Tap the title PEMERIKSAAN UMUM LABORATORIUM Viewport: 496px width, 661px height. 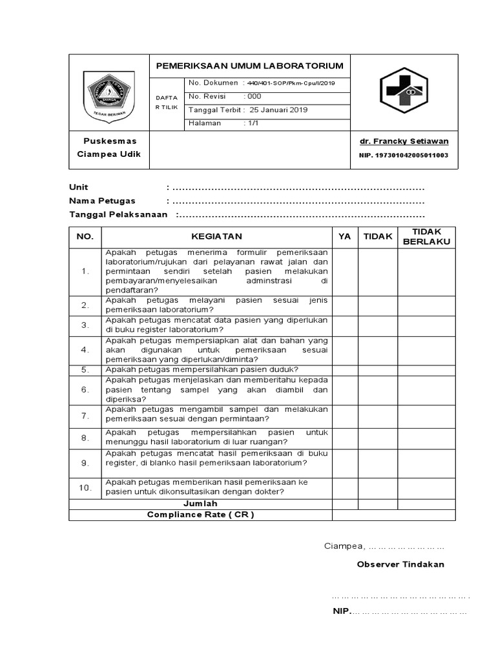249,66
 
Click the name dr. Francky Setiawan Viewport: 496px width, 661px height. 404,141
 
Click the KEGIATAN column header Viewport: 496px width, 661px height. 216,237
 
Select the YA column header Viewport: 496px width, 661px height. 345,237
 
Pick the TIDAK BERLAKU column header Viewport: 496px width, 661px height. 426,237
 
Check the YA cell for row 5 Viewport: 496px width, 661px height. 345,370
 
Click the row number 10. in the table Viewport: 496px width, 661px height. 85,487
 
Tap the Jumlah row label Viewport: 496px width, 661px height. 200,503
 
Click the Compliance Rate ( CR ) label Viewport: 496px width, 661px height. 200,514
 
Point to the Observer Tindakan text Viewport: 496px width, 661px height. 400,564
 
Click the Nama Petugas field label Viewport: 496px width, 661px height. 102,201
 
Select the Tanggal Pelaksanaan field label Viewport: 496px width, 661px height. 118,214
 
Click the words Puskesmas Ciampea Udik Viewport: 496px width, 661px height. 109,148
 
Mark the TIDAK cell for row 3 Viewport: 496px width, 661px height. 378,325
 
